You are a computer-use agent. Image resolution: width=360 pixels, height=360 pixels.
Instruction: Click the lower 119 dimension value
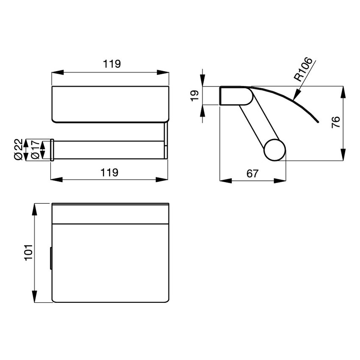pyautogui.click(x=109, y=172)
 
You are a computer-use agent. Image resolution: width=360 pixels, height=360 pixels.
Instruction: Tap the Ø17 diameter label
pyautogui.click(x=36, y=150)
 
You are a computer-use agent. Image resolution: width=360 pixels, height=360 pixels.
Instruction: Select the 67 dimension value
pyautogui.click(x=252, y=173)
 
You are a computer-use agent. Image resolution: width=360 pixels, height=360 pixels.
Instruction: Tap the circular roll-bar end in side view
pyautogui.click(x=275, y=150)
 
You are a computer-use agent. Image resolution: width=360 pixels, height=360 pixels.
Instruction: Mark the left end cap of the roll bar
pyautogui.click(x=52, y=150)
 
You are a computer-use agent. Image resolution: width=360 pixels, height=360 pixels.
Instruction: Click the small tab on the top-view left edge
pyautogui.click(x=51, y=258)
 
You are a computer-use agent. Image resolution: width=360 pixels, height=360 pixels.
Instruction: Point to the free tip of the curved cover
pyautogui.click(x=318, y=122)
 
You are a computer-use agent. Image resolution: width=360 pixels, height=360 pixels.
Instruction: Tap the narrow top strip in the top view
pyautogui.click(x=110, y=213)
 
